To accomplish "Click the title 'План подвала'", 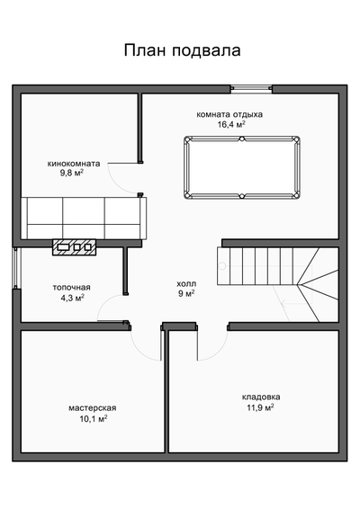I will point(182,51).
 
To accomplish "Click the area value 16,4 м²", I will point(231,126).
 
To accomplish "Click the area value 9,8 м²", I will point(72,175).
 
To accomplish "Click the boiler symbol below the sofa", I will point(75,246).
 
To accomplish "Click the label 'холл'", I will point(186,282).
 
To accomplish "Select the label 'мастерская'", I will point(92,407).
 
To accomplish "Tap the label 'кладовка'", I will point(260,397).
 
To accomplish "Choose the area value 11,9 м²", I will point(259,407).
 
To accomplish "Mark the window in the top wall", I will point(251,88).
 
